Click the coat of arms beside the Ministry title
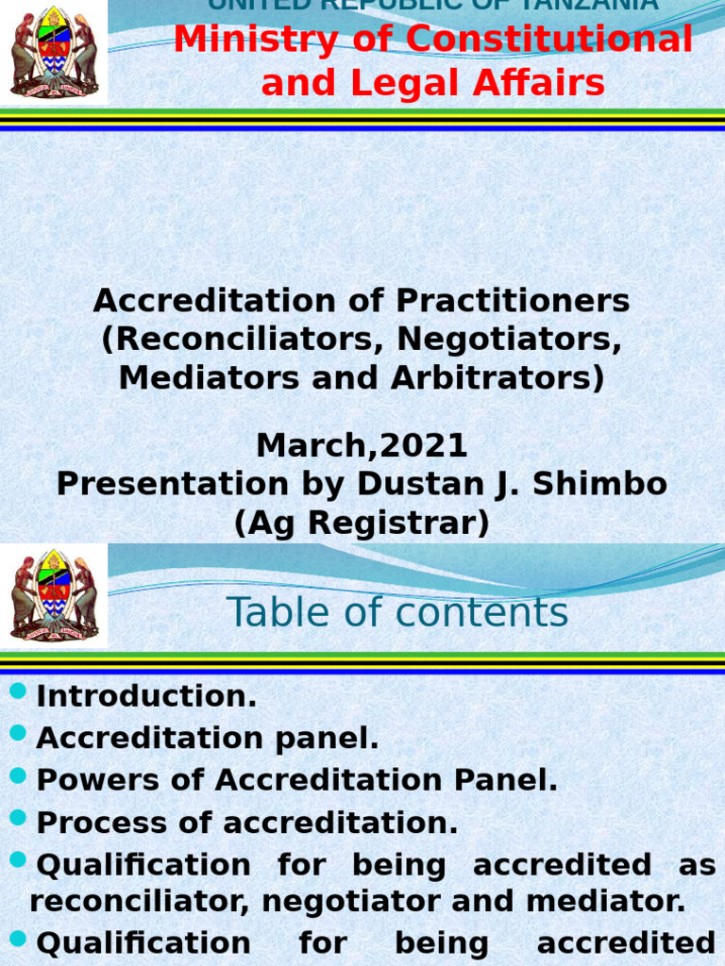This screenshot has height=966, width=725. click(54, 53)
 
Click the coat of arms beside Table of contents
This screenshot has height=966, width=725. click(54, 596)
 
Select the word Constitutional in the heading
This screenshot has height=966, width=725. click(529, 40)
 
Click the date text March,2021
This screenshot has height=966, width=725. click(362, 445)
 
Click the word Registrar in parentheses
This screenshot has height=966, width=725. click(395, 523)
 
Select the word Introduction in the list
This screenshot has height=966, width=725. click(146, 697)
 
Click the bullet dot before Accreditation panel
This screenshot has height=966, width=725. click(18, 733)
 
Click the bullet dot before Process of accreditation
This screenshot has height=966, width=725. click(18, 819)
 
